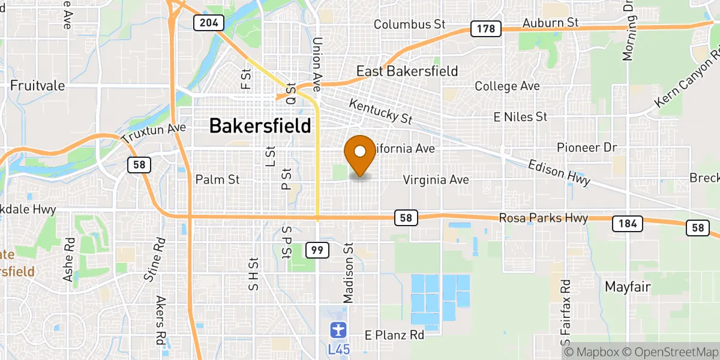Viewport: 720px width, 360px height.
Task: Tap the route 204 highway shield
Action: coord(208,23)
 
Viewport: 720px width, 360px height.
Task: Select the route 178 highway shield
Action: coord(485,28)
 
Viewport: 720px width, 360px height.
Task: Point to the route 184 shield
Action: coord(627,224)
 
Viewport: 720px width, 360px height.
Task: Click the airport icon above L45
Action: coord(338,329)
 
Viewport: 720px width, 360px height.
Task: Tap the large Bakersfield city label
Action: coord(260,126)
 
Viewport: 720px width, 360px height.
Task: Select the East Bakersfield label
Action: coord(407,71)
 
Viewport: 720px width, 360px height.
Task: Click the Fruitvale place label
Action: coord(37,85)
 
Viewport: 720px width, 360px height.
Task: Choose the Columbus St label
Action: coord(410,25)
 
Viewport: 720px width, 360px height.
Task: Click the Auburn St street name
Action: coord(550,22)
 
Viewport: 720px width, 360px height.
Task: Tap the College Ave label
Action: coord(507,86)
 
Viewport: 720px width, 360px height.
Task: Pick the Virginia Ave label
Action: coord(436,179)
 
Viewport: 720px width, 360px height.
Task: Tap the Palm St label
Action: coord(217,179)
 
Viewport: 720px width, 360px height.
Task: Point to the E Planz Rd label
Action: coord(395,335)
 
